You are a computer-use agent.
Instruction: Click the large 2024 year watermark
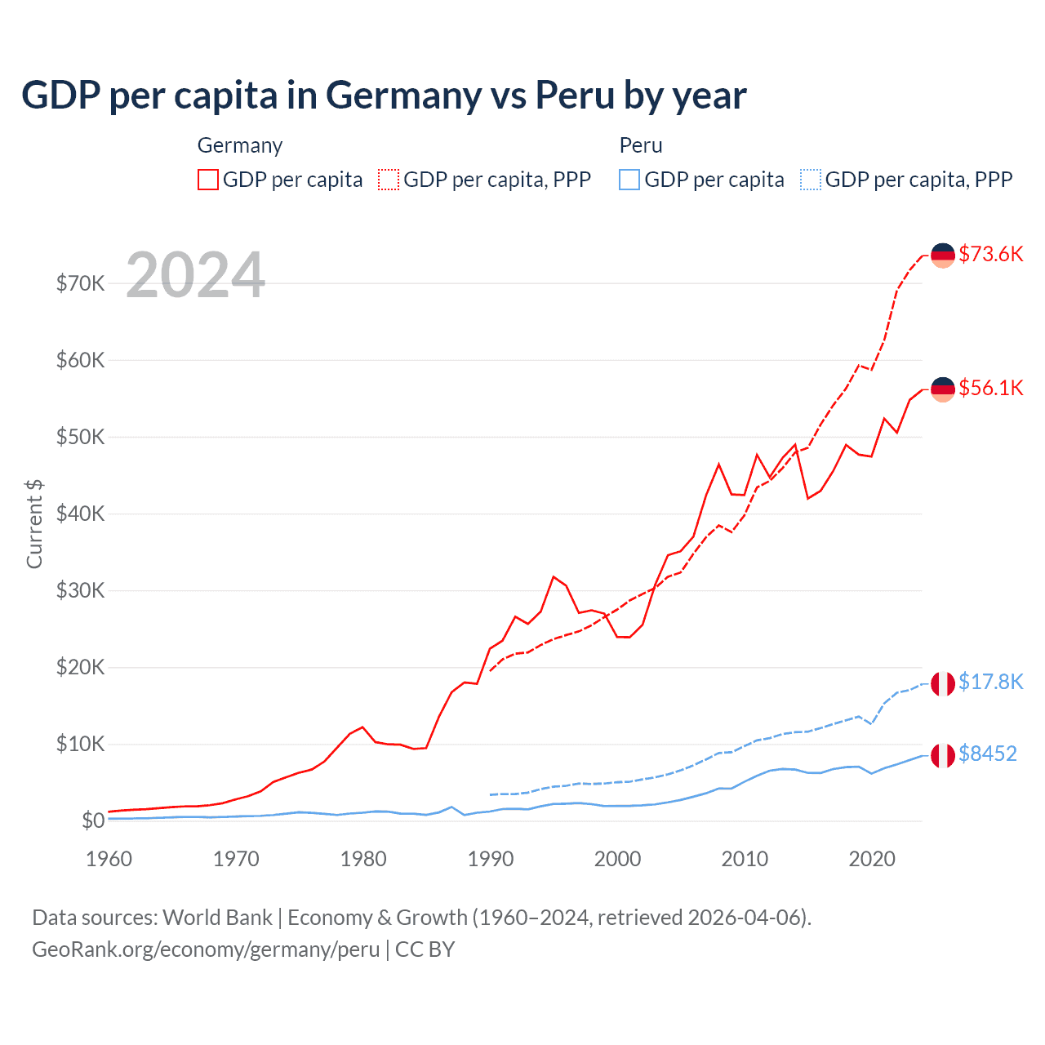pyautogui.click(x=195, y=275)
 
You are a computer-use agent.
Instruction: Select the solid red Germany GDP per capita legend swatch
pyautogui.click(x=208, y=180)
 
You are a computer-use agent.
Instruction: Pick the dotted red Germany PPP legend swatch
pyautogui.click(x=389, y=180)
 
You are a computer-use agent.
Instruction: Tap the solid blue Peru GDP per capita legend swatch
pyautogui.click(x=629, y=180)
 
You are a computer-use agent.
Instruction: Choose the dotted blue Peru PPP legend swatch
pyautogui.click(x=811, y=180)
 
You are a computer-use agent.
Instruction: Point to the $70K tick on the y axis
pyautogui.click(x=80, y=283)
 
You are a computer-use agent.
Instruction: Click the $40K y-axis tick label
pyautogui.click(x=80, y=514)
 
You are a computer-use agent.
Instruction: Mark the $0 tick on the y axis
pyautogui.click(x=92, y=820)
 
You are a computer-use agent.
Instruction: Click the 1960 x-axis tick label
pyautogui.click(x=109, y=859)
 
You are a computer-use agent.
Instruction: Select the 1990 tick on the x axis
pyautogui.click(x=490, y=859)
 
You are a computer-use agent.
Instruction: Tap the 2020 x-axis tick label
pyautogui.click(x=872, y=859)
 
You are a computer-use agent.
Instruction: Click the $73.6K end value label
pyautogui.click(x=990, y=254)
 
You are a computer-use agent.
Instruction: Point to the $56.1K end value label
pyautogui.click(x=990, y=388)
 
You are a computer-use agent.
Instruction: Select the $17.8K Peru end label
pyautogui.click(x=990, y=682)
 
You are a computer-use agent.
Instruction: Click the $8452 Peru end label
pyautogui.click(x=987, y=754)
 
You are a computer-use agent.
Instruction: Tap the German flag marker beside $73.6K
pyautogui.click(x=943, y=256)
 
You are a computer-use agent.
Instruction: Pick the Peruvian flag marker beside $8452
pyautogui.click(x=943, y=756)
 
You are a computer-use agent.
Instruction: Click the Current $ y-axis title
pyautogui.click(x=34, y=523)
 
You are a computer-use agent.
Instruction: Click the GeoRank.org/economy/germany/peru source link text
pyautogui.click(x=206, y=949)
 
